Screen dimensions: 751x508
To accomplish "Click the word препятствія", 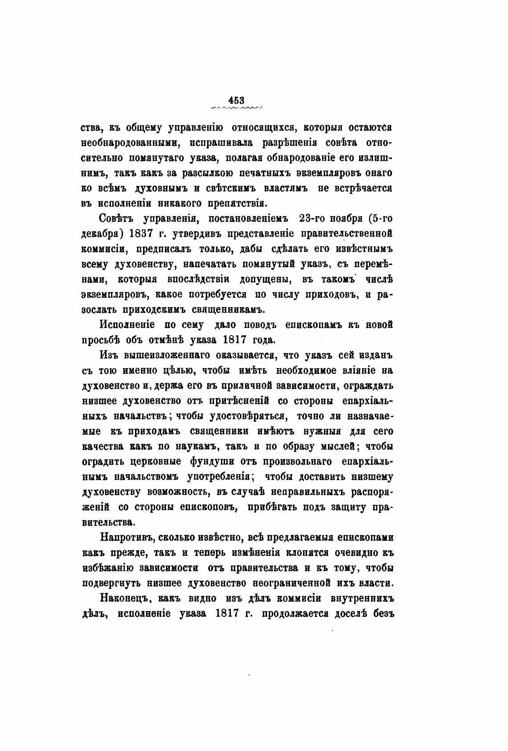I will [x=238, y=203].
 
